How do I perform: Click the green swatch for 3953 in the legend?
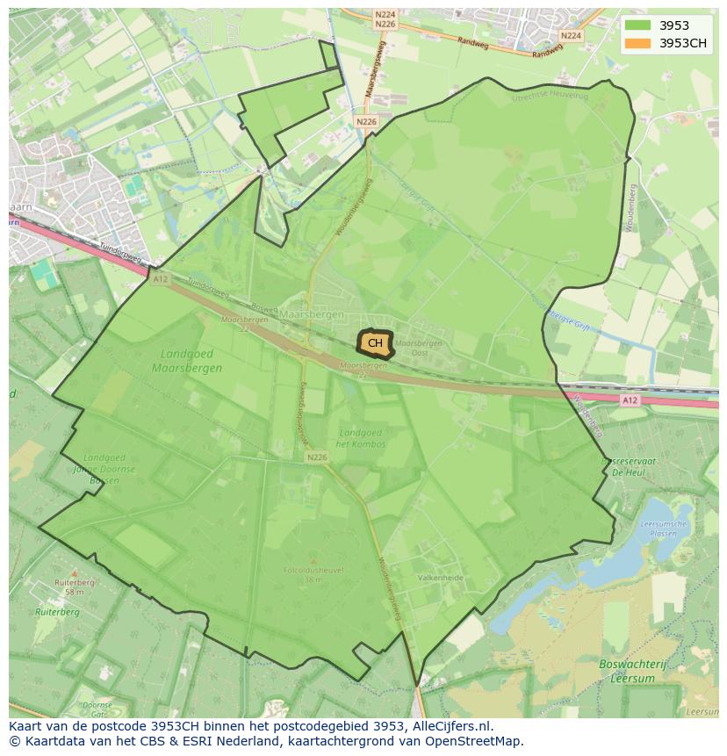pyautogui.click(x=638, y=25)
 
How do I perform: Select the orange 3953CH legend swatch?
pyautogui.click(x=638, y=43)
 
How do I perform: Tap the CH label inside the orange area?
pyautogui.click(x=375, y=343)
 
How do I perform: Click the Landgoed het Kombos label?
pyautogui.click(x=361, y=438)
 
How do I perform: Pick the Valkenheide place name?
pyautogui.click(x=441, y=579)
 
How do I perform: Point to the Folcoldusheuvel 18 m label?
pyautogui.click(x=313, y=574)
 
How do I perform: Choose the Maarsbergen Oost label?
pyautogui.click(x=419, y=348)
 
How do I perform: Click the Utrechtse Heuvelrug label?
pyautogui.click(x=550, y=95)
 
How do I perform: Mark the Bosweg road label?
pyautogui.click(x=263, y=307)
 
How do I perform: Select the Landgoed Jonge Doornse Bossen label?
pyautogui.click(x=110, y=469)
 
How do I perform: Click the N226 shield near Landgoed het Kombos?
pyautogui.click(x=317, y=457)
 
